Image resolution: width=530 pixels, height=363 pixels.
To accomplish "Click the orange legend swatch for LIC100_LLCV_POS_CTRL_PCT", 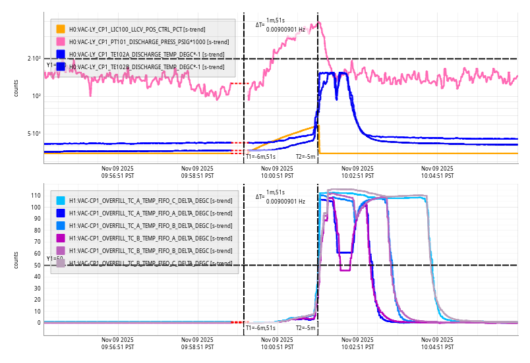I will [61, 29].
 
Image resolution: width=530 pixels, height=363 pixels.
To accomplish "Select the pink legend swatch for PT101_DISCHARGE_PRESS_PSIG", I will [61, 42].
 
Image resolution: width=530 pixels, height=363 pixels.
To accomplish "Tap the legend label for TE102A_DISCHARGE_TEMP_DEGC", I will [146, 54].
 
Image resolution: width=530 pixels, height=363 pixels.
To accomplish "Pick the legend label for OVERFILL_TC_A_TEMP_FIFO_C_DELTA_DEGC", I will [150, 200].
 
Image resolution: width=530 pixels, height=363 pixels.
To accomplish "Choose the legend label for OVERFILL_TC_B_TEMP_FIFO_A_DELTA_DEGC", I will [150, 238].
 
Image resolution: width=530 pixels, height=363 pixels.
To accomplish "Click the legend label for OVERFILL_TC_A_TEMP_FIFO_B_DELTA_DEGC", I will [150, 225].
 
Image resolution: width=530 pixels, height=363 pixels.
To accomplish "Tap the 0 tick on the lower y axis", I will [39, 323].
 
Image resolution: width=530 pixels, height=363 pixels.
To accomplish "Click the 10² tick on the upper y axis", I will [36, 96].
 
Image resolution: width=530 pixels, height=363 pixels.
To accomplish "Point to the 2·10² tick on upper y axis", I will [34, 59].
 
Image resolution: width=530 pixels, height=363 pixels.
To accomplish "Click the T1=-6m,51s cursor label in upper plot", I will [260, 157].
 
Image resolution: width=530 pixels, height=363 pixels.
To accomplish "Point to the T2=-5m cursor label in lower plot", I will [306, 328].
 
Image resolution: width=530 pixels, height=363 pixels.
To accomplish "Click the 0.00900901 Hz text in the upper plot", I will [285, 30].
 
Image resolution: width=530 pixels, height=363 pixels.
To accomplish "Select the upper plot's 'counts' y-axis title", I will [16, 88].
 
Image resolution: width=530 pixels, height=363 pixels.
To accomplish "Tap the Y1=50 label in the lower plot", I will [54, 259].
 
